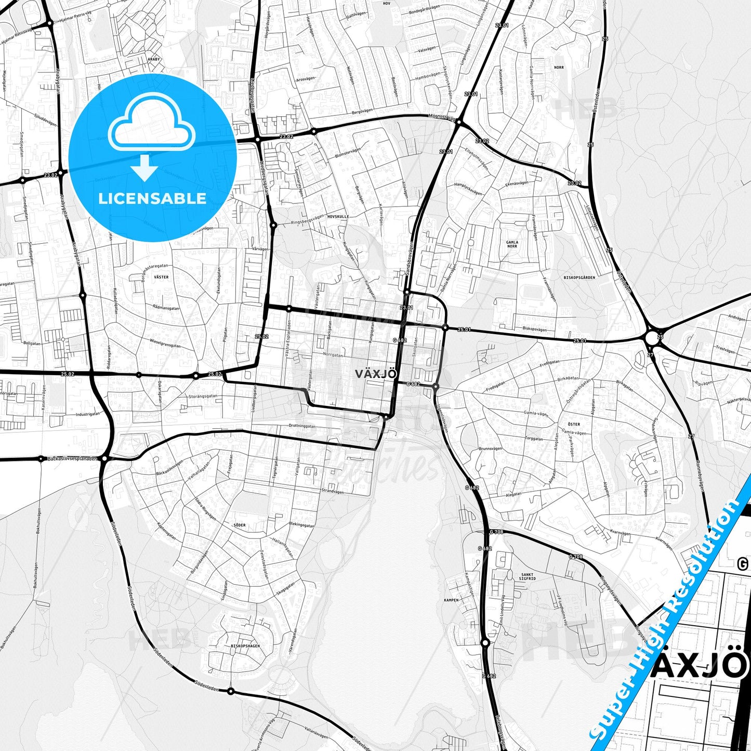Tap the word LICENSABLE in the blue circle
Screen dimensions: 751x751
152,199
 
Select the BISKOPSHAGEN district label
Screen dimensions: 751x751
245,646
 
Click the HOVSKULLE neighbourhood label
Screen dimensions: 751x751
338,216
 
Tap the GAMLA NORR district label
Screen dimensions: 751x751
512,244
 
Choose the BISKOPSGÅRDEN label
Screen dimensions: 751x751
579,278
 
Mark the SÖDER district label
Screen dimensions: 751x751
239,525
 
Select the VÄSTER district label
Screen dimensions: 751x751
161,277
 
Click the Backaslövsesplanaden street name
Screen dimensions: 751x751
72,459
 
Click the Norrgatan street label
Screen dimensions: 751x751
333,355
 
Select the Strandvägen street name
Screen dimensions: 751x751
333,490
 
